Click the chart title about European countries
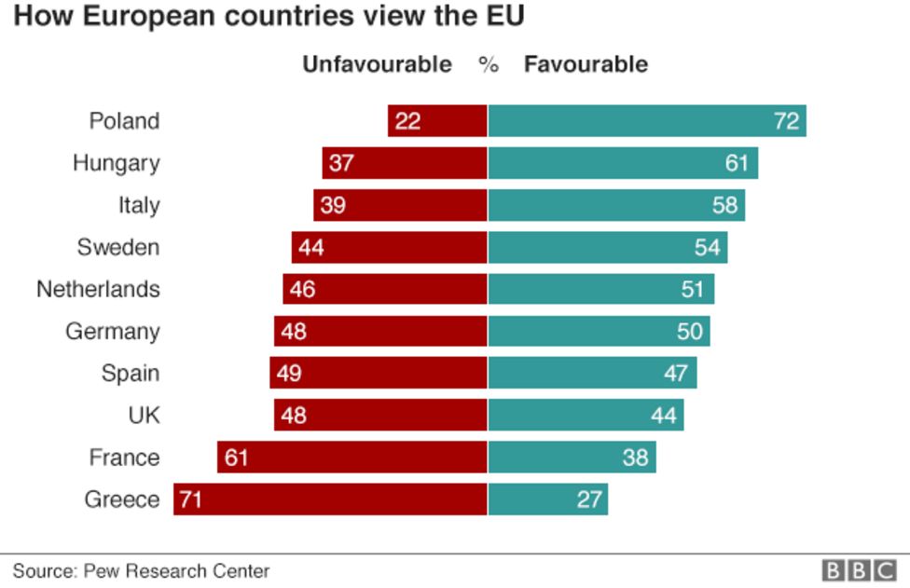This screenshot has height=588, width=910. click(269, 17)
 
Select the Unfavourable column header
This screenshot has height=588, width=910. click(377, 64)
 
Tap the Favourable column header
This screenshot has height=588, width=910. click(586, 64)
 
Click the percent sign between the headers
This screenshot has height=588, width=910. click(489, 64)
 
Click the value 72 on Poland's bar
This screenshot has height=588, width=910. click(786, 121)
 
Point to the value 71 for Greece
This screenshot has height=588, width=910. click(190, 499)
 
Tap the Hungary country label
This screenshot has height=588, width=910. click(116, 163)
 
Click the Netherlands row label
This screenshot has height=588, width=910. click(98, 289)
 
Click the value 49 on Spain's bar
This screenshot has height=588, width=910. click(289, 374)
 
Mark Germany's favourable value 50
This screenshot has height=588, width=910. click(690, 332)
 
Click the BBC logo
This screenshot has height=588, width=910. click(858, 570)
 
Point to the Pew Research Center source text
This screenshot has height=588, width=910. click(141, 570)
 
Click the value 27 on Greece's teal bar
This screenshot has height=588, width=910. click(589, 499)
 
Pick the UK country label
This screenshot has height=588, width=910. click(144, 416)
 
